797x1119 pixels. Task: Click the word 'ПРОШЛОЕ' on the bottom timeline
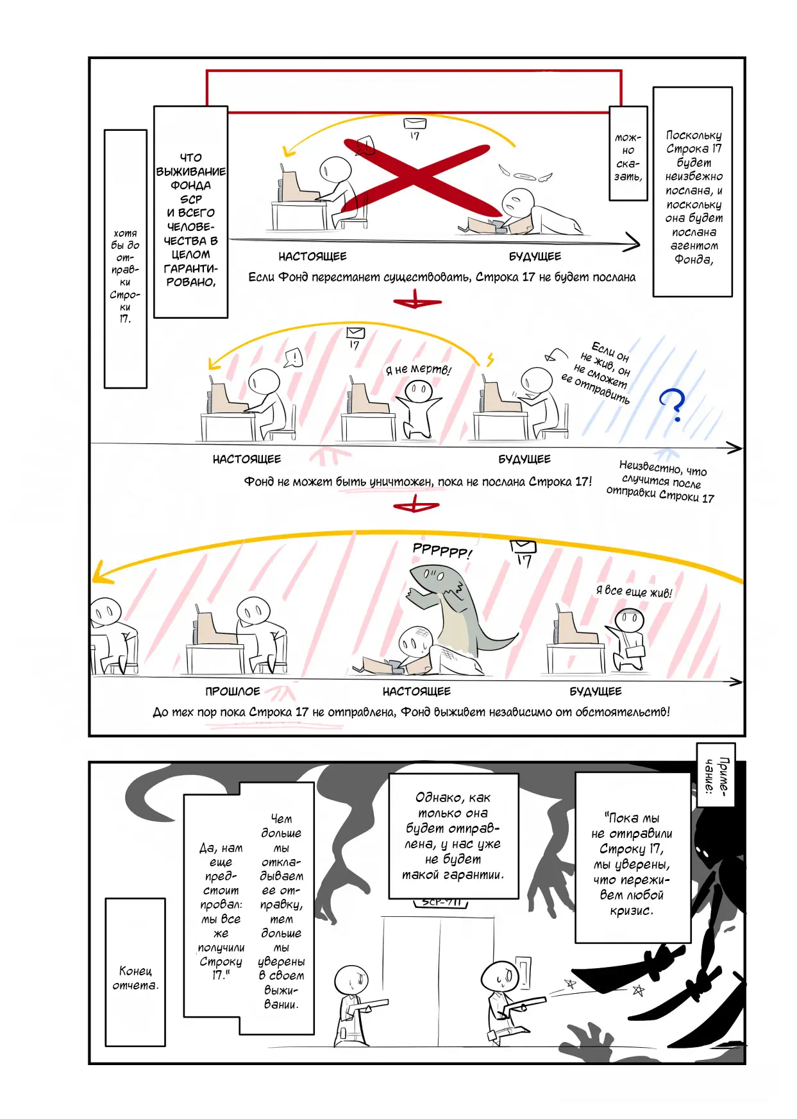(x=233, y=691)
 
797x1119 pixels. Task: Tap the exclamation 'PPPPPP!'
(x=442, y=551)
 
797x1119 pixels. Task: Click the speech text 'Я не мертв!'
(x=418, y=370)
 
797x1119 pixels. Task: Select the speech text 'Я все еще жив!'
(x=634, y=592)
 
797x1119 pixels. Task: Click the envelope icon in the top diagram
(x=411, y=124)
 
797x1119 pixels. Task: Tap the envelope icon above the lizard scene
(x=523, y=546)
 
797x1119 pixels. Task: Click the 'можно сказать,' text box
(x=628, y=154)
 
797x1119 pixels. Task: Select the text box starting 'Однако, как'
(x=453, y=836)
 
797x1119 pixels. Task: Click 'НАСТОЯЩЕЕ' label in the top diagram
(x=312, y=257)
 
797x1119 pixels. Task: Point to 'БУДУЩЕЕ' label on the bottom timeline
(x=596, y=691)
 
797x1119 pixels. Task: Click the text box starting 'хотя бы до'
(x=126, y=259)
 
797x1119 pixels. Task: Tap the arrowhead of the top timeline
(x=632, y=243)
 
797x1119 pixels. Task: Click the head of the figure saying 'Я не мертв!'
(x=419, y=390)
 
